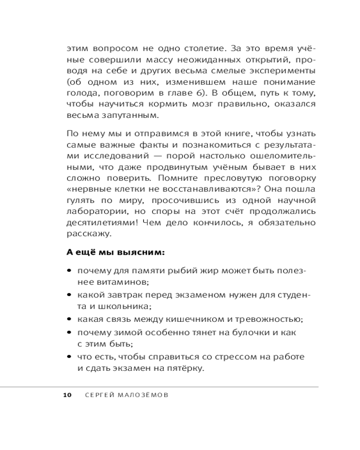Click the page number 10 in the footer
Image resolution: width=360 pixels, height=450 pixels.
coord(67,395)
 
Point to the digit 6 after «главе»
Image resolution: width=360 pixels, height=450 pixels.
coord(198,92)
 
